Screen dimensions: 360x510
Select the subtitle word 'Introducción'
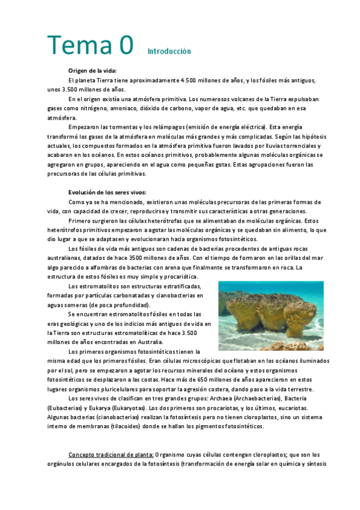point(169,51)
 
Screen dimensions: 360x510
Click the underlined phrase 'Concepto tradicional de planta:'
point(111,454)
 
